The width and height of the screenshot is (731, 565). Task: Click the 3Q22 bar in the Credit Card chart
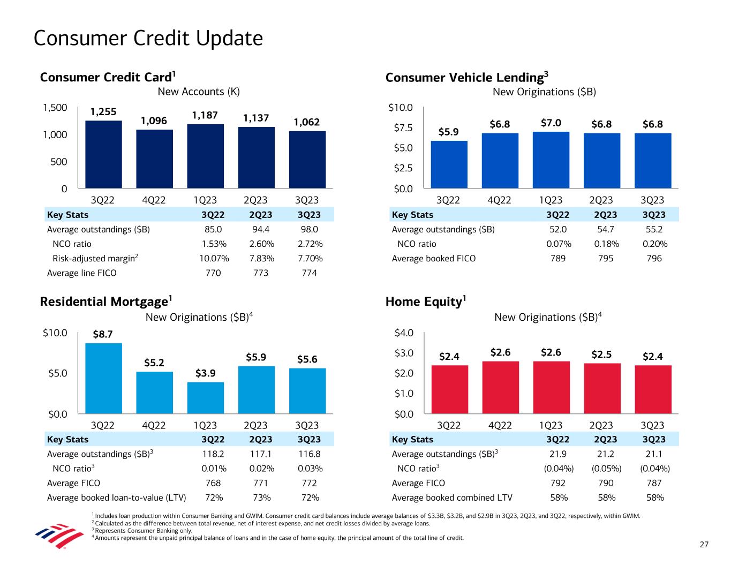pyautogui.click(x=103, y=154)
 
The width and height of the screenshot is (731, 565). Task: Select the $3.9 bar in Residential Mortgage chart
pyautogui.click(x=205, y=397)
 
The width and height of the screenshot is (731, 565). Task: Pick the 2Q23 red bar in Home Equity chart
pyautogui.click(x=602, y=388)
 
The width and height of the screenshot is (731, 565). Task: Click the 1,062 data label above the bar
pyautogui.click(x=307, y=122)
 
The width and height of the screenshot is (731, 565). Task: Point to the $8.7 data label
pyautogui.click(x=103, y=335)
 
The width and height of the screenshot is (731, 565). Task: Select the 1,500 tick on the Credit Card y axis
pyautogui.click(x=55, y=108)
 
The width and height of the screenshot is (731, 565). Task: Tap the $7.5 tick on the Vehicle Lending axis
pyautogui.click(x=401, y=127)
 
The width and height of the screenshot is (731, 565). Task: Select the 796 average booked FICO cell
pyautogui.click(x=654, y=259)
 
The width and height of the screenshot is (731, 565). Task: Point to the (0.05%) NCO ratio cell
pyautogui.click(x=606, y=469)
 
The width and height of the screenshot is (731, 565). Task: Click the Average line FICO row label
pyautogui.click(x=81, y=273)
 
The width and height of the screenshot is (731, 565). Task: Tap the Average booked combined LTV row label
pyautogui.click(x=452, y=498)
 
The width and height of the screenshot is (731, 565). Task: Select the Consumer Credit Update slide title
pyautogui.click(x=148, y=38)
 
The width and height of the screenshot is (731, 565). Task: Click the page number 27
pyautogui.click(x=704, y=545)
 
